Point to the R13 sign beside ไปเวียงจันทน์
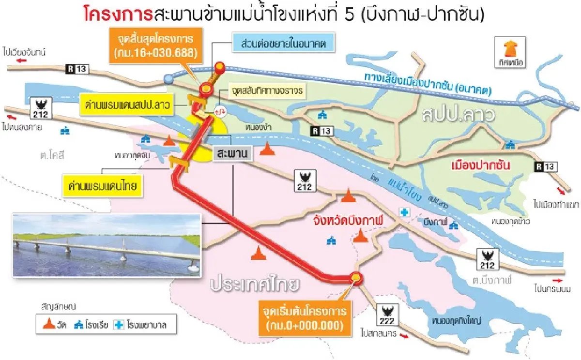click(76, 70)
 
